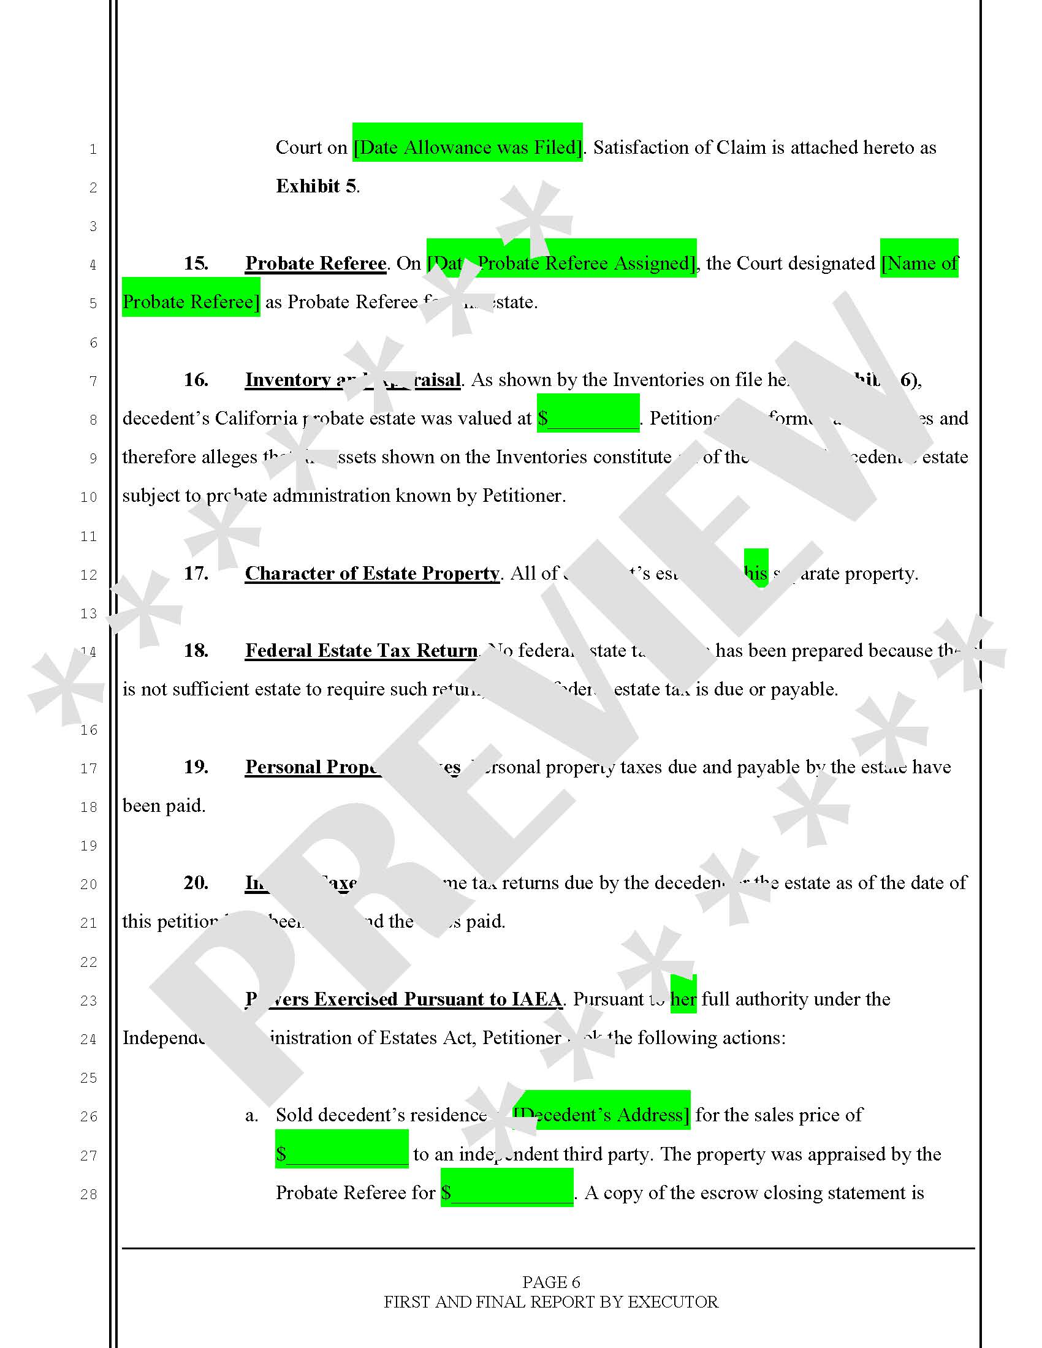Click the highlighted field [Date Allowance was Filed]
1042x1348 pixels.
tap(467, 148)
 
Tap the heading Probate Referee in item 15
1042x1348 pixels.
tap(316, 263)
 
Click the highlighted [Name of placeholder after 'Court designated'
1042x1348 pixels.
tap(919, 263)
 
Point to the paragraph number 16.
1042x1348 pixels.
tap(196, 380)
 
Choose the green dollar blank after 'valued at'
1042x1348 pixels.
tap(588, 418)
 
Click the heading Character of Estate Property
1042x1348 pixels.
tap(372, 574)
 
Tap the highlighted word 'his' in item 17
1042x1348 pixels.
tap(756, 574)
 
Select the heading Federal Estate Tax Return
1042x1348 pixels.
tap(362, 651)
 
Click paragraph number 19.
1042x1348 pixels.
tap(196, 767)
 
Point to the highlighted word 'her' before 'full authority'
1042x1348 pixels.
tap(683, 999)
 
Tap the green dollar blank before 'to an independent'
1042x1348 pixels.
tap(342, 1154)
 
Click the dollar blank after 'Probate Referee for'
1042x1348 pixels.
tap(507, 1192)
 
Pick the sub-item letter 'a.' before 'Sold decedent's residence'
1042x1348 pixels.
tap(251, 1115)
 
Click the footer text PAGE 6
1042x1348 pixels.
tap(550, 1282)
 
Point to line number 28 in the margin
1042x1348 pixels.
tap(89, 1194)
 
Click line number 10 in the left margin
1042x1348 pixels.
tap(89, 497)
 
